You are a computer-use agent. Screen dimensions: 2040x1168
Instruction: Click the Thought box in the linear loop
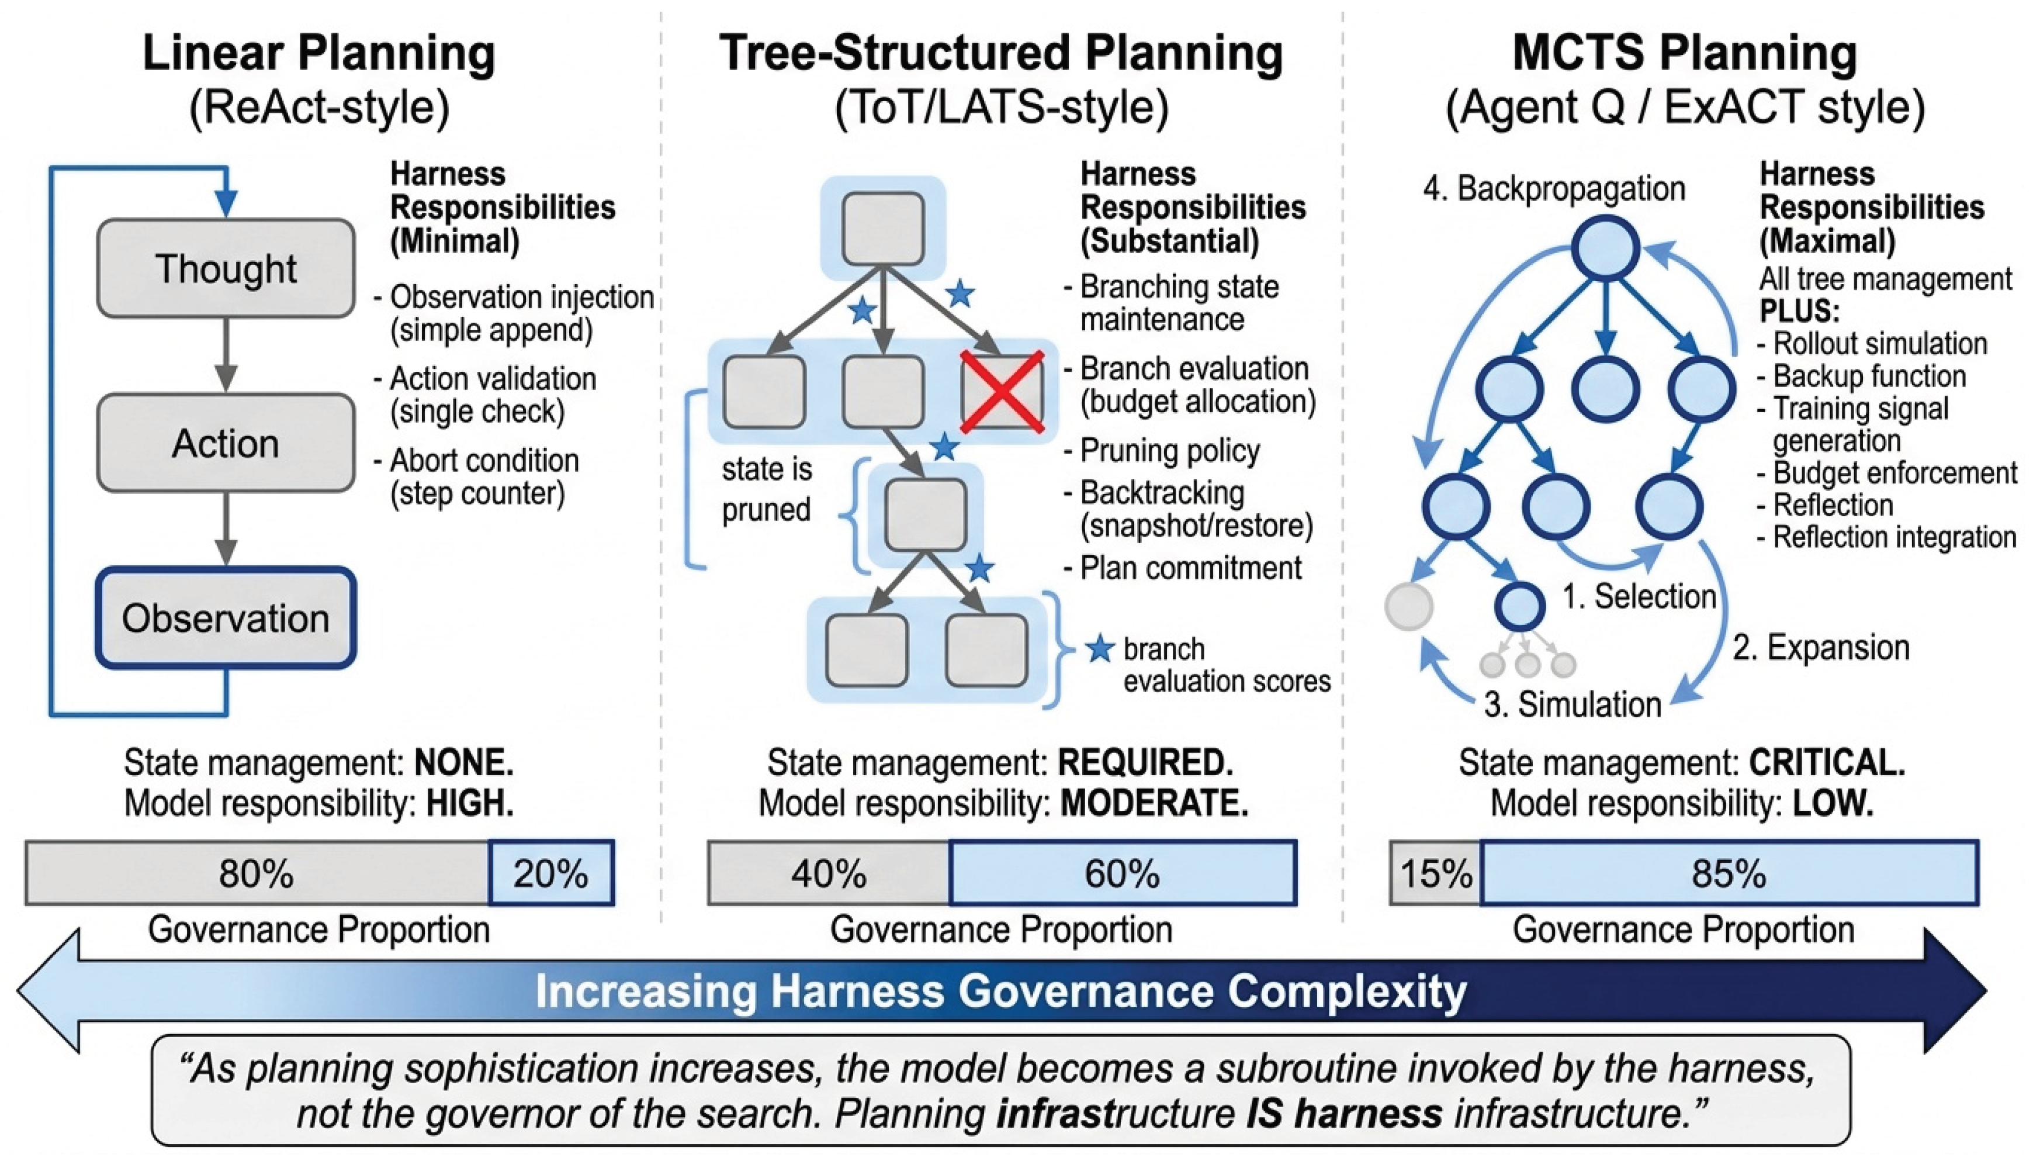226,268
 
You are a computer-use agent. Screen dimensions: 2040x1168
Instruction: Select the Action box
226,443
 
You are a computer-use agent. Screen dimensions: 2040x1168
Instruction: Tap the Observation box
226,618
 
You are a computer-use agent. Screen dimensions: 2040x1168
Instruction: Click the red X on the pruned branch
1002,392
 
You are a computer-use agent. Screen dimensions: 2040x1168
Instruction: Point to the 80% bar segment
257,873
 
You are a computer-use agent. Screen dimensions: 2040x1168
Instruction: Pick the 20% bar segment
552,873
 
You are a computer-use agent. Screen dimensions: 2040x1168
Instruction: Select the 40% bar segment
829,873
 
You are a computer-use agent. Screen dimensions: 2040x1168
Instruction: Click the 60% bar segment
1123,873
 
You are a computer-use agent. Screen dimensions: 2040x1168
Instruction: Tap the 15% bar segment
1435,873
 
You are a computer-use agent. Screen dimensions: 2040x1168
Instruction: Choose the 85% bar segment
1730,873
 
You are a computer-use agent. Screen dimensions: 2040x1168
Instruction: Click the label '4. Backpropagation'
1554,189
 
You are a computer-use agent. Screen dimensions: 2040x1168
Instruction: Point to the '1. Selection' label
1639,597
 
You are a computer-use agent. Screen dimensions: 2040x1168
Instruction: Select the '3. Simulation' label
1573,704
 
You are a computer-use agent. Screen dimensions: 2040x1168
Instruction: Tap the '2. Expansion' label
1821,647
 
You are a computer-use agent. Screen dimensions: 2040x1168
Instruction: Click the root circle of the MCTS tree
1605,248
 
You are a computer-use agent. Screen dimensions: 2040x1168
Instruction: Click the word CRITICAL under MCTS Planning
1827,763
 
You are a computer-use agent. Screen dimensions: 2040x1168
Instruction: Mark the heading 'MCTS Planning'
1684,53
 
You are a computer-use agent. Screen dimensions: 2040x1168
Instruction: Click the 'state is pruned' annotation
767,489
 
